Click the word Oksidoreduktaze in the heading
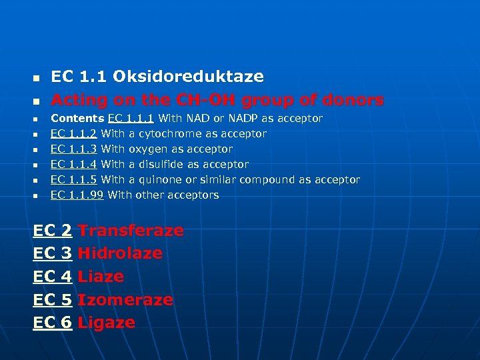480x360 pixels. point(188,77)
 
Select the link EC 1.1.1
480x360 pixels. point(131,118)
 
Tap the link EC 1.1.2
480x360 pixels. point(74,133)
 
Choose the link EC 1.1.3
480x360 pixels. point(74,149)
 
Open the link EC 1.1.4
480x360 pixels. point(74,164)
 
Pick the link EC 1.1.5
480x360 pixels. point(74,179)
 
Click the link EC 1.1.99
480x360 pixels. point(77,195)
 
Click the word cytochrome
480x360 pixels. point(162,133)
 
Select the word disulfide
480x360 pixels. point(163,164)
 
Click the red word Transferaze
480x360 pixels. point(131,231)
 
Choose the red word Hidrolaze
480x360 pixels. point(120,253)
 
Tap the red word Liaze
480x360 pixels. point(101,277)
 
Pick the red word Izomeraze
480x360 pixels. point(125,300)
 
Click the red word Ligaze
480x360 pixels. point(107,323)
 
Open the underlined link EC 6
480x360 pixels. point(53,323)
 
